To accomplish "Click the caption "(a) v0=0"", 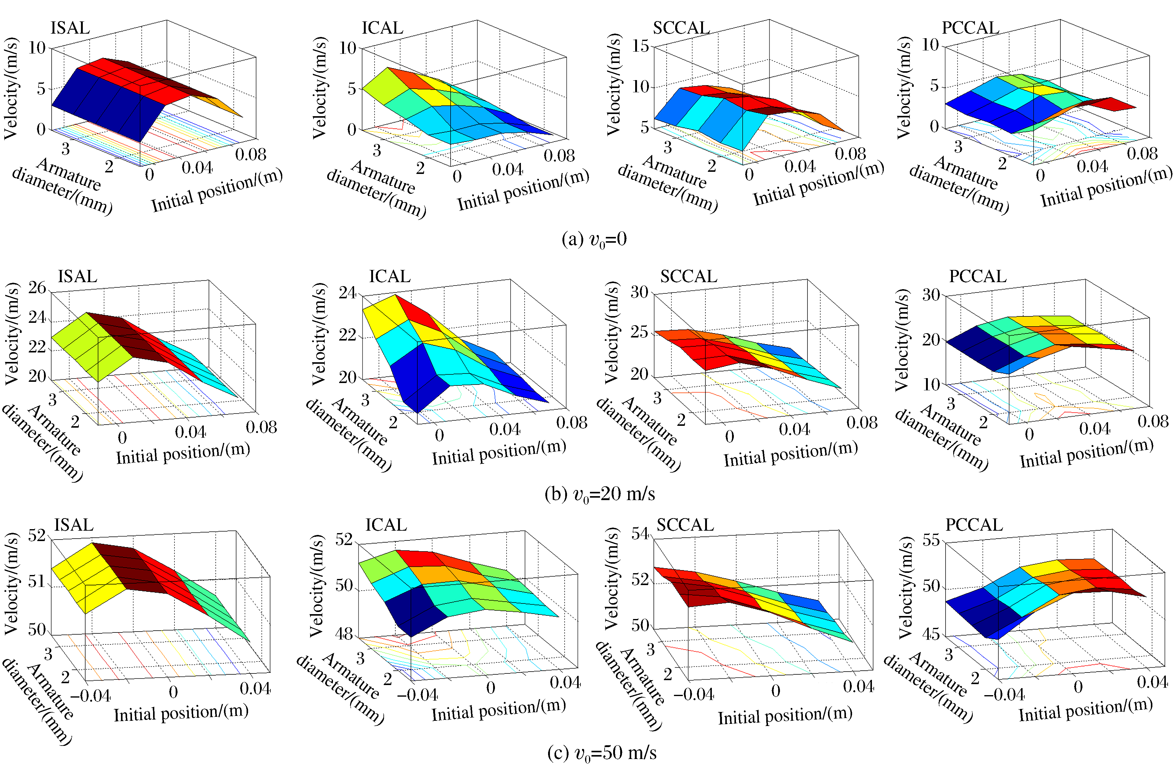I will point(594,240).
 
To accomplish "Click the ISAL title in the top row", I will point(70,28).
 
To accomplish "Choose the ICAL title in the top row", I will point(382,28).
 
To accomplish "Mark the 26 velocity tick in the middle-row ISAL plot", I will point(37,288).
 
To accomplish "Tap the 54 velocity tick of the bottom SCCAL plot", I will point(640,534).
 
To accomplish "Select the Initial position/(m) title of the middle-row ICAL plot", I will point(499,451).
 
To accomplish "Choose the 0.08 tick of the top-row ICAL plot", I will point(559,156).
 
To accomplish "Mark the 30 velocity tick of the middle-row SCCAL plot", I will point(639,293).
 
